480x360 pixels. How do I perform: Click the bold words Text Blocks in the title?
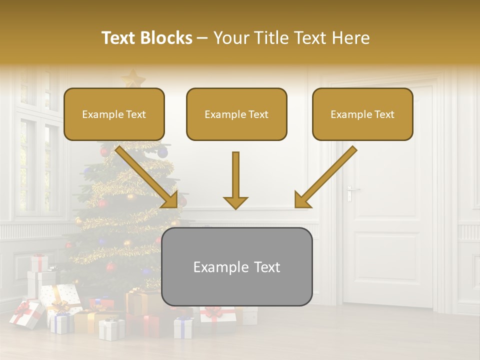[x=147, y=38]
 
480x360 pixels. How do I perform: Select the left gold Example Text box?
[x=114, y=114]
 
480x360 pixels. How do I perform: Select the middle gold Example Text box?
[x=236, y=114]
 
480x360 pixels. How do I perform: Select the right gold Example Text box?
[x=362, y=114]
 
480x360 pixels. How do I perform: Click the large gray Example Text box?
[x=237, y=266]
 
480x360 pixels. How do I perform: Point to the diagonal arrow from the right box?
[x=325, y=177]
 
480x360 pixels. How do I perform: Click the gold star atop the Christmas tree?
[x=133, y=78]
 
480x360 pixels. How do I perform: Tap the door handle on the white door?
[x=352, y=190]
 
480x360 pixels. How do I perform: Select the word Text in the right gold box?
[x=384, y=114]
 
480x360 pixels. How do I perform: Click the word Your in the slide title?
[x=229, y=38]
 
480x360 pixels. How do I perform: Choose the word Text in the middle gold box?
[x=258, y=114]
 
